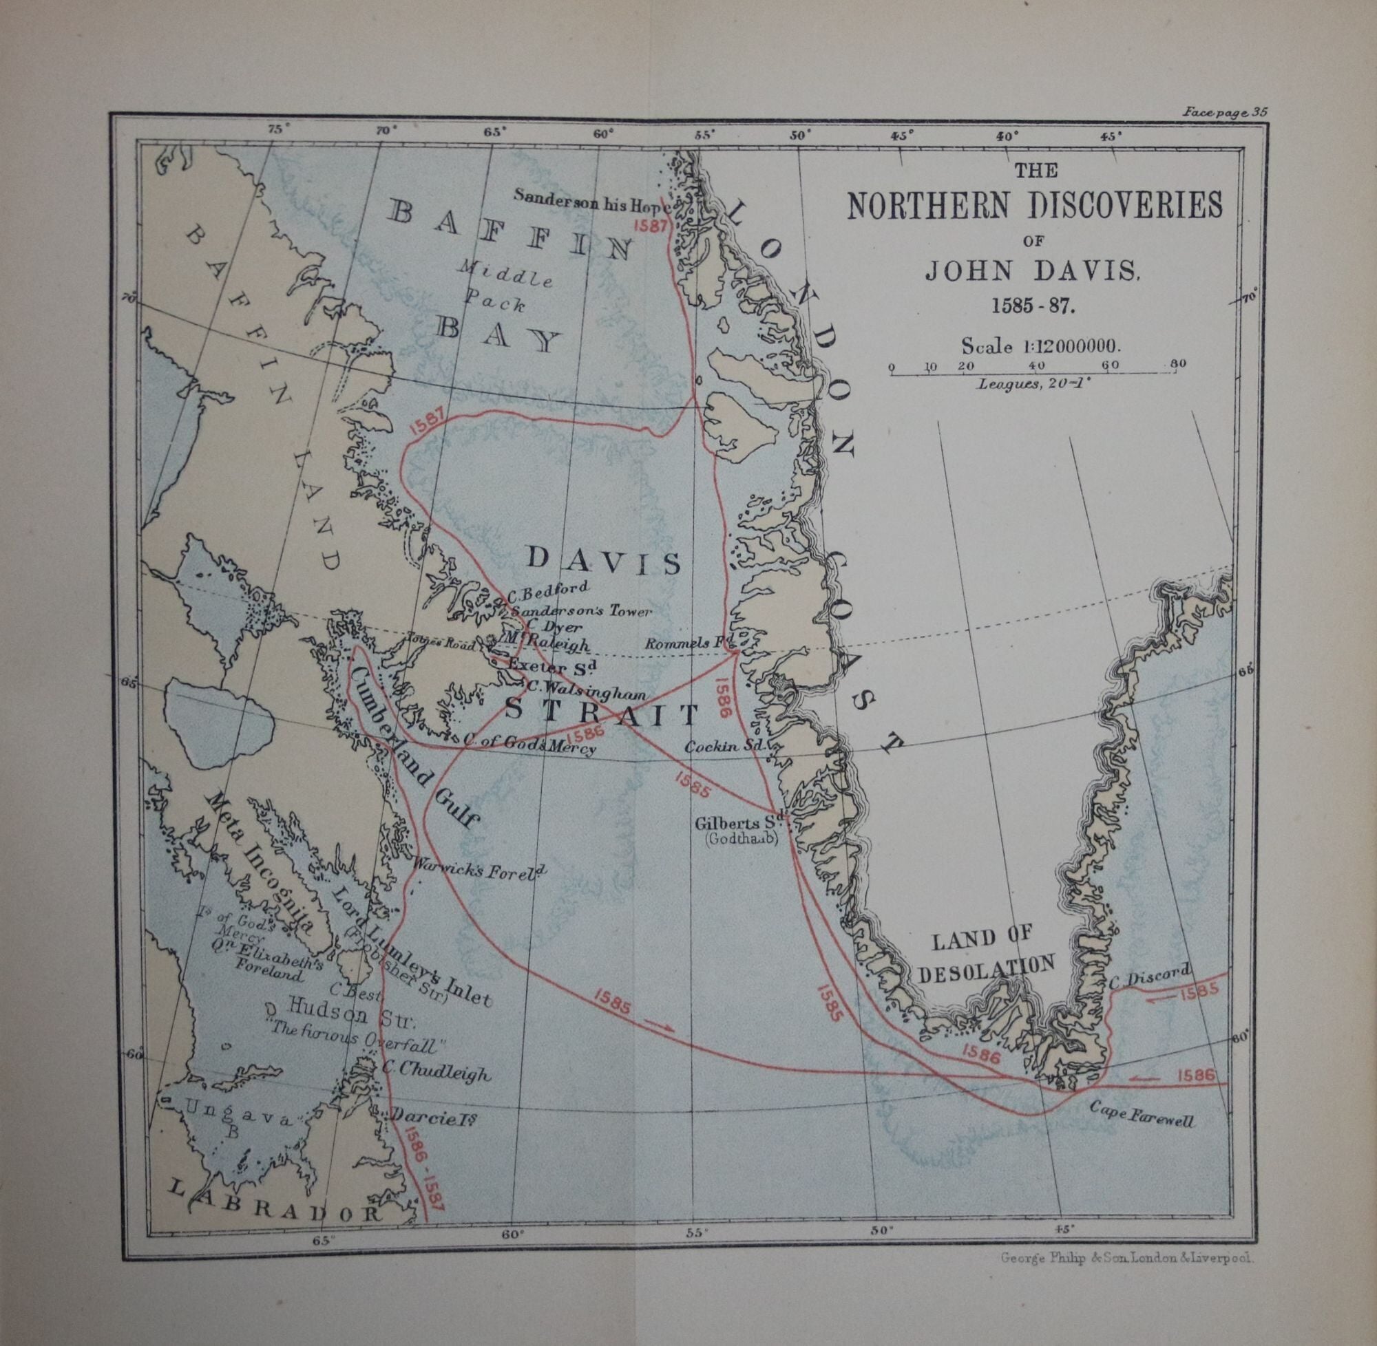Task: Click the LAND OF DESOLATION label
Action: pyautogui.click(x=985, y=952)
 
